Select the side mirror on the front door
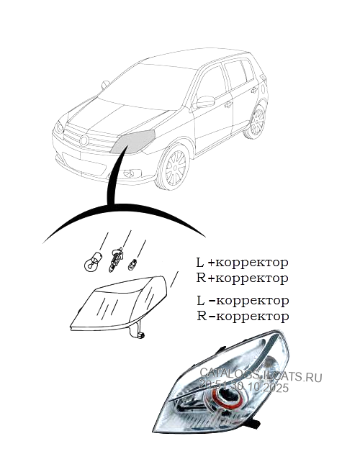coord(205,101)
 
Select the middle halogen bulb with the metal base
coord(114,261)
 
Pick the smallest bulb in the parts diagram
coord(132,265)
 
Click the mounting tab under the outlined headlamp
coord(136,332)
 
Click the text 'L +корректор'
coord(243,263)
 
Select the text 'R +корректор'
coord(243,278)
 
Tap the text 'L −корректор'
coord(243,300)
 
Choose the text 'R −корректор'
coord(243,316)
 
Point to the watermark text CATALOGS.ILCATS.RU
coord(261,376)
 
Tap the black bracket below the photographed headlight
coord(253,427)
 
